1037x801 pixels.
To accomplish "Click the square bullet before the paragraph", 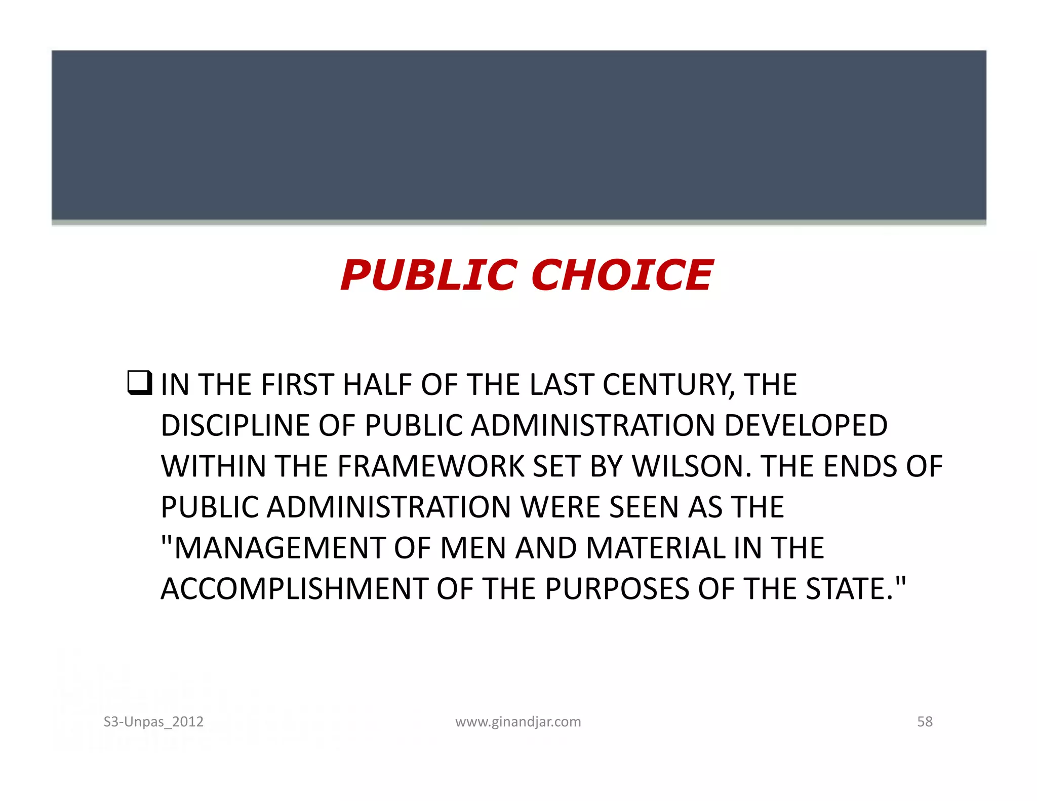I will [139, 383].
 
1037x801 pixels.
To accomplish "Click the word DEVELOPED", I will [806, 425].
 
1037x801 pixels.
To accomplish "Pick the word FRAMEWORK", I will [430, 466].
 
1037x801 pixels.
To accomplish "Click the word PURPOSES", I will [617, 589].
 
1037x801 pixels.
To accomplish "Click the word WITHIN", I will [213, 466].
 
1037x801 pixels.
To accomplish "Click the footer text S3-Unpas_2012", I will [153, 722].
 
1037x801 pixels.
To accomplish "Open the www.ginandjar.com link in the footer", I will [518, 722].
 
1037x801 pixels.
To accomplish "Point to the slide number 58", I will [925, 722].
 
